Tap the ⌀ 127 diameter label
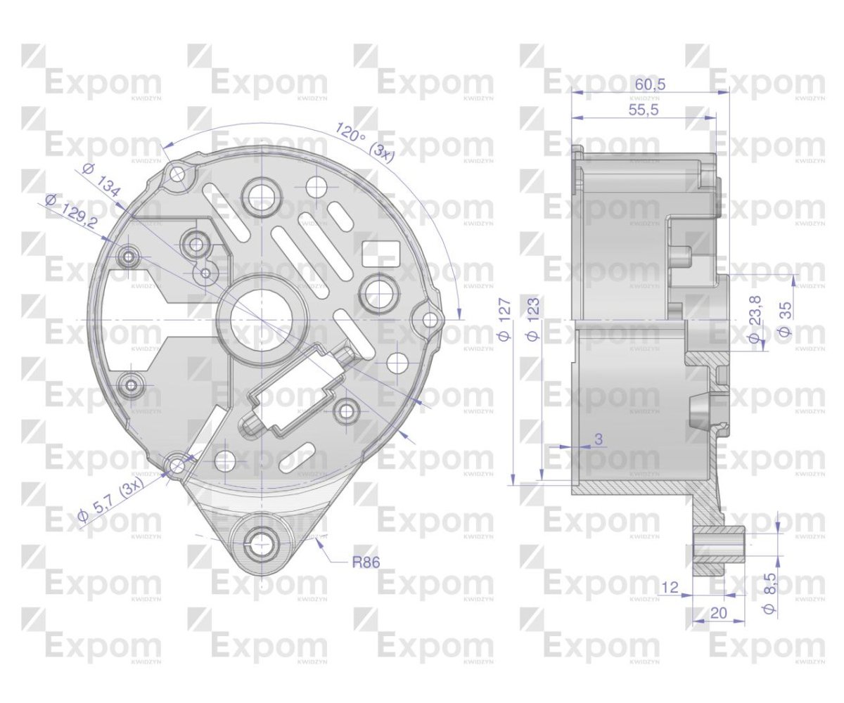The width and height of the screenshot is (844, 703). [x=504, y=321]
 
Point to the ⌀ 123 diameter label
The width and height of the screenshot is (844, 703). [x=533, y=321]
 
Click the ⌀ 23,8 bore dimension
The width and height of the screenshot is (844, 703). [x=754, y=321]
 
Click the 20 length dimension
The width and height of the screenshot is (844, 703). [x=718, y=613]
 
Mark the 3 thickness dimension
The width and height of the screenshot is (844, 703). [x=598, y=439]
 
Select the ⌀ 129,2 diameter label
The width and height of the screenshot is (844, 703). [x=71, y=210]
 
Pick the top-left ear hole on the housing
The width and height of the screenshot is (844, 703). [x=177, y=173]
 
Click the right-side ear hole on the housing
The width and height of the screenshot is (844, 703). [x=429, y=321]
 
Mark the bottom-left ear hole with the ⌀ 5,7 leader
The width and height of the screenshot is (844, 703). [x=177, y=465]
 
